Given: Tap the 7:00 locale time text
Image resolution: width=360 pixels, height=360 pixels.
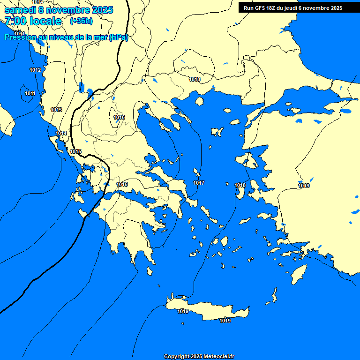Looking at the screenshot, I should pyautogui.click(x=33, y=21).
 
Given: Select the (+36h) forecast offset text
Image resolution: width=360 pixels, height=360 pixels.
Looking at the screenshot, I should pyautogui.click(x=81, y=21).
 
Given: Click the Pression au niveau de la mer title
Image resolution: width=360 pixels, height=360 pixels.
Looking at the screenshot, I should pyautogui.click(x=66, y=37).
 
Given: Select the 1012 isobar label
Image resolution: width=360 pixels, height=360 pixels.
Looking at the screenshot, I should pyautogui.click(x=35, y=70).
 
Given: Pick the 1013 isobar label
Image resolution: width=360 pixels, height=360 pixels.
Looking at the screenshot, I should pyautogui.click(x=56, y=110).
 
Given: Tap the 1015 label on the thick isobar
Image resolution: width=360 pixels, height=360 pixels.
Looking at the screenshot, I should pyautogui.click(x=75, y=151).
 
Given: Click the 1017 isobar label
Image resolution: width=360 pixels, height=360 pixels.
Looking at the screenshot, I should pyautogui.click(x=199, y=183).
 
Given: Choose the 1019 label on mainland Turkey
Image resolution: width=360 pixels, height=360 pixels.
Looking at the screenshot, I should pyautogui.click(x=304, y=186).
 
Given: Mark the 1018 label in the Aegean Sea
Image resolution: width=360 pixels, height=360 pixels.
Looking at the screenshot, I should pyautogui.click(x=240, y=186).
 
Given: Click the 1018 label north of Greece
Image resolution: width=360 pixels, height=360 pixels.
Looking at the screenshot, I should pyautogui.click(x=195, y=79).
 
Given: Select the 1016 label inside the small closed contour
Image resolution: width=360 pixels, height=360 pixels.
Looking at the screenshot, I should pyautogui.click(x=119, y=117).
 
